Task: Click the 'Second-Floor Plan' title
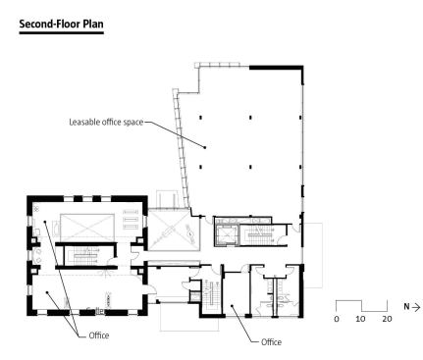tap(61, 25)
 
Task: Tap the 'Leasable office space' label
tap(106, 122)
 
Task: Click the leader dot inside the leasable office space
tap(205, 147)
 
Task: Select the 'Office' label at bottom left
tap(99, 335)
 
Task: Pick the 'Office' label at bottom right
tap(271, 342)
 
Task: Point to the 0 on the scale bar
tap(337, 319)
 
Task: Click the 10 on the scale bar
tap(360, 319)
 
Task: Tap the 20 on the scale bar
tap(387, 319)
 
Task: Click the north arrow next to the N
tap(416, 307)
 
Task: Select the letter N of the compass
tap(406, 307)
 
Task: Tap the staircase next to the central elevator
tap(257, 235)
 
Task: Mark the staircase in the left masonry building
tap(85, 256)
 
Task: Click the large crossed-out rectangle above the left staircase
tap(87, 228)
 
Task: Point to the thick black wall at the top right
tap(277, 68)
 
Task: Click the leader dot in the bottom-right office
tap(232, 306)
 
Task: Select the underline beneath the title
tap(62, 32)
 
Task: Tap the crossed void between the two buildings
tap(174, 231)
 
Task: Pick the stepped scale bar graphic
tap(361, 306)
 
